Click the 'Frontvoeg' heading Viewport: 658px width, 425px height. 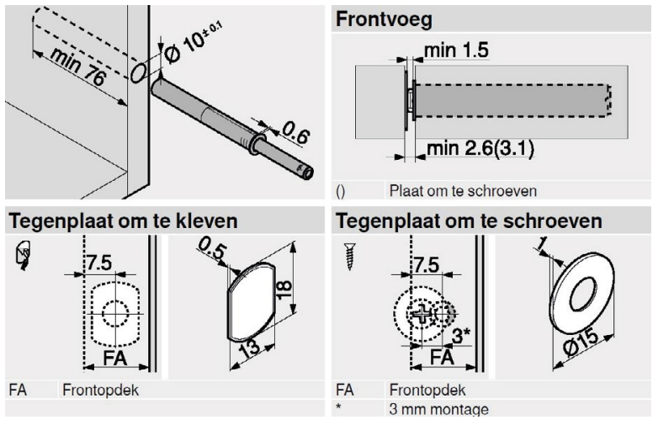point(384,19)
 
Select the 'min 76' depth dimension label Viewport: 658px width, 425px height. point(78,67)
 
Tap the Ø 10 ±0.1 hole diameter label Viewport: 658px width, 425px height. point(192,43)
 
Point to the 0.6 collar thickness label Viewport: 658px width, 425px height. point(296,132)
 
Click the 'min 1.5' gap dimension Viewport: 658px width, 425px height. point(456,50)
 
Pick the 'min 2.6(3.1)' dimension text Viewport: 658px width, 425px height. point(480,148)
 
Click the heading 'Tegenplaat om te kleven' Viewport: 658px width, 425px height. point(123,221)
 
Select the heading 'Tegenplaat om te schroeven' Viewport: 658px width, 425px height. point(469,221)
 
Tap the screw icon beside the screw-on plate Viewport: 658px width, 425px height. point(349,256)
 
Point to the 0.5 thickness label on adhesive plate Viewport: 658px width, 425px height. point(213,249)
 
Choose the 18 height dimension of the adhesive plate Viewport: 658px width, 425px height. point(284,290)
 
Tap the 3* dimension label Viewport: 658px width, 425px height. point(461,336)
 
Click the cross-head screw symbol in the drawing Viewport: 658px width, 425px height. point(421,314)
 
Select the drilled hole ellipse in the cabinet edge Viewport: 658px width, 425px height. point(139,73)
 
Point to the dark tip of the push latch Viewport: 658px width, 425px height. point(305,171)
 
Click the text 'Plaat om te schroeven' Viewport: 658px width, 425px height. point(463,191)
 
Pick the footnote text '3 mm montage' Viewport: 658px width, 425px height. point(438,409)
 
